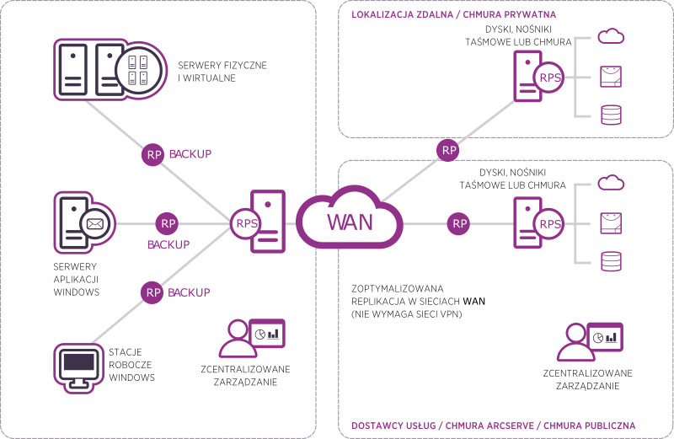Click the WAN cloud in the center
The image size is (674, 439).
tap(349, 223)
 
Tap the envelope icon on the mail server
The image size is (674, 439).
tap(95, 224)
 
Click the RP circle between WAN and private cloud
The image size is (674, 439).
tap(449, 151)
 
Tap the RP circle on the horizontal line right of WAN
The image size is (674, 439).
tap(459, 223)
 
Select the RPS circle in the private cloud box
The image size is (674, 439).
tap(549, 78)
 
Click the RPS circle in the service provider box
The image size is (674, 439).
tap(549, 224)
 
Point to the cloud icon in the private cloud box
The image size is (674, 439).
tap(610, 36)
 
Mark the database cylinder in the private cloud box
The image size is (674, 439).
tap(610, 115)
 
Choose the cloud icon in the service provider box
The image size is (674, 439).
tap(610, 182)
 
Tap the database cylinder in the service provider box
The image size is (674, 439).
tap(610, 261)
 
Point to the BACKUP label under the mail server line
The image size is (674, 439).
tap(168, 244)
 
